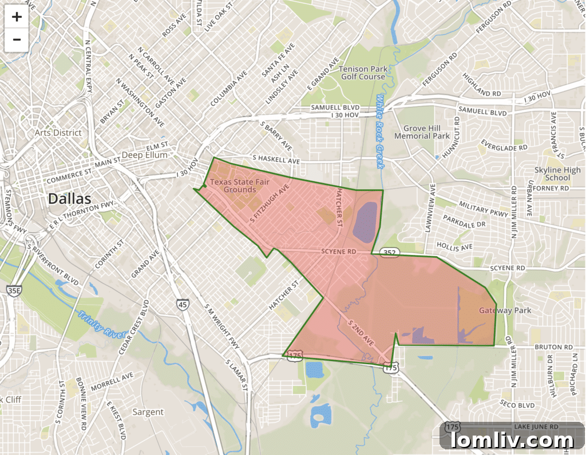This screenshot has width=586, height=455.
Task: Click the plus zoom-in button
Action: pos(17,17)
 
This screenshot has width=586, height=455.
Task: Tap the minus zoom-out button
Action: pos(17,39)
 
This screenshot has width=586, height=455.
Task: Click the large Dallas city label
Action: pos(69,199)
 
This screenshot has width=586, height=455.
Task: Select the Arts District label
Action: pos(58,133)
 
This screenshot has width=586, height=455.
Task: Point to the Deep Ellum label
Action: pos(145,155)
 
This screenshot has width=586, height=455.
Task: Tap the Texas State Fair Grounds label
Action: pos(239,185)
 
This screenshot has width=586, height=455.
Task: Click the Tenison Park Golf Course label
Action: pos(363,73)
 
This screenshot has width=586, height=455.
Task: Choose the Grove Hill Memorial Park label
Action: pos(422,132)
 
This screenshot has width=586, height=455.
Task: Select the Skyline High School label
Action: pos(557,174)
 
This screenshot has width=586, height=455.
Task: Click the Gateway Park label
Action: pos(505,310)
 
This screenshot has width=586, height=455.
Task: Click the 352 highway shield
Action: pos(389,252)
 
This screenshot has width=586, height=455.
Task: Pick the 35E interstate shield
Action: pos(13,290)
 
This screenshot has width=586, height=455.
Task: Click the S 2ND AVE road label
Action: pos(361,333)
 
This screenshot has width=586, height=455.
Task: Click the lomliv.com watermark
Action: pos(512,440)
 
